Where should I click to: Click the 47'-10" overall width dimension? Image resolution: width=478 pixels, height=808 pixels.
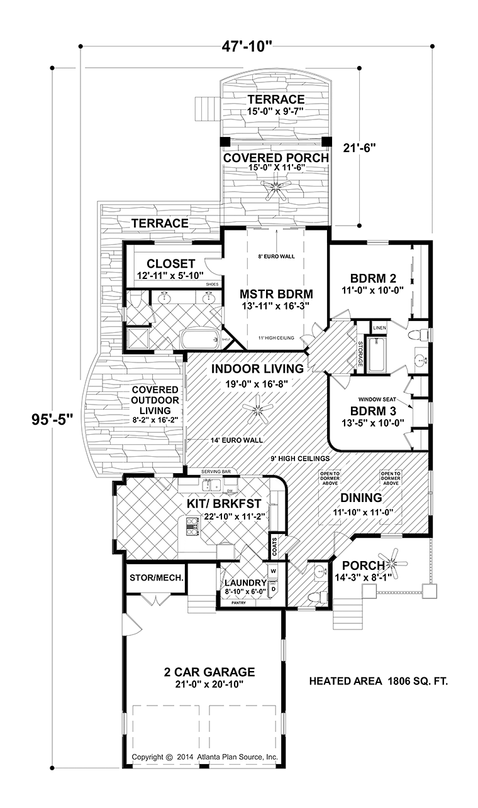tap(255, 46)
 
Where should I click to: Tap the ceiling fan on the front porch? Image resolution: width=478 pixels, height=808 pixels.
tap(396, 555)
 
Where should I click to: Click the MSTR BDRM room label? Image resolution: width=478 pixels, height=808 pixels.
tap(276, 293)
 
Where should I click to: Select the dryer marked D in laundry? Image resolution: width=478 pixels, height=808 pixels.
tap(274, 589)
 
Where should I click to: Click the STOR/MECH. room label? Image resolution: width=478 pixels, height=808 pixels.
tap(157, 577)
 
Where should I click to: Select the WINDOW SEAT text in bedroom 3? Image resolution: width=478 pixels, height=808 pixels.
tap(375, 399)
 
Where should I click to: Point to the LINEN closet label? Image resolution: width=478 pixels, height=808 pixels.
tap(379, 328)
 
